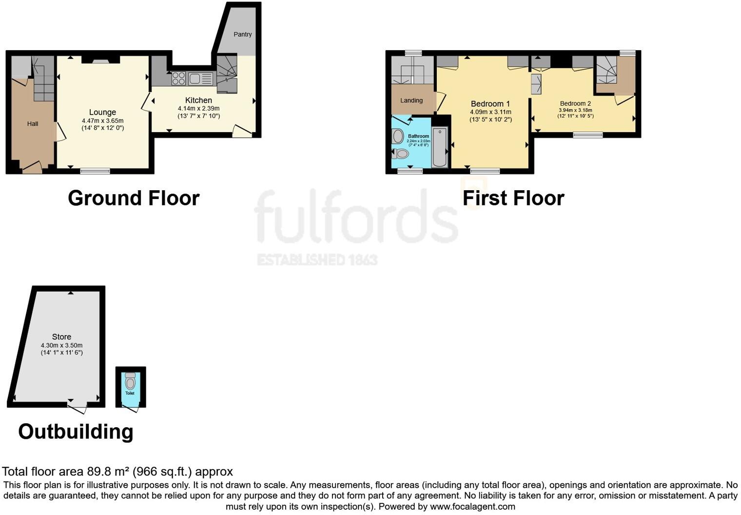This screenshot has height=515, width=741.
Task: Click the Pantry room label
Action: click(242, 34)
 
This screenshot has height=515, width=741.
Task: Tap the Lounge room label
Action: click(102, 112)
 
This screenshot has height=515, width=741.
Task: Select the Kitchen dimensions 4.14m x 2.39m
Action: click(198, 108)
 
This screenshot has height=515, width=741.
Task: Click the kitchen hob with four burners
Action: click(178, 78)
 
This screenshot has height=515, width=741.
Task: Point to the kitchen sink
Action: click(200, 78)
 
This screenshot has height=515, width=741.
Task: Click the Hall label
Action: click(33, 124)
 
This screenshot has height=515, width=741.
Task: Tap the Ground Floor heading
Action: click(134, 198)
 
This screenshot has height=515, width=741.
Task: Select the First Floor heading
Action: click(513, 198)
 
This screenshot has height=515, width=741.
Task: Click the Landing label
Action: click(411, 100)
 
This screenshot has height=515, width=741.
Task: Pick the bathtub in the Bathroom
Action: click(440, 147)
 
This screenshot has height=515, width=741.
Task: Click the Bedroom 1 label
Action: click(490, 104)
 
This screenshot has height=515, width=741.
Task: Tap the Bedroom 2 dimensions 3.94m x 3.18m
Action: click(575, 110)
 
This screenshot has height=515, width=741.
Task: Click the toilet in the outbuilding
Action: click(130, 381)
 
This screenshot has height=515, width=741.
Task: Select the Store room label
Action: click(61, 337)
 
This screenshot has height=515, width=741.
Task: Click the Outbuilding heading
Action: click(76, 432)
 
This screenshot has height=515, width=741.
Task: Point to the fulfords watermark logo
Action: click(356, 217)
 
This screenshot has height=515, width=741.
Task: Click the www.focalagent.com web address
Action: click(472, 506)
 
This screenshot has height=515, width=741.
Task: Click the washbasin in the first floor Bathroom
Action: click(398, 136)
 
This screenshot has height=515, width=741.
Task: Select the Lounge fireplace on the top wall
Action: click(101, 60)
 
